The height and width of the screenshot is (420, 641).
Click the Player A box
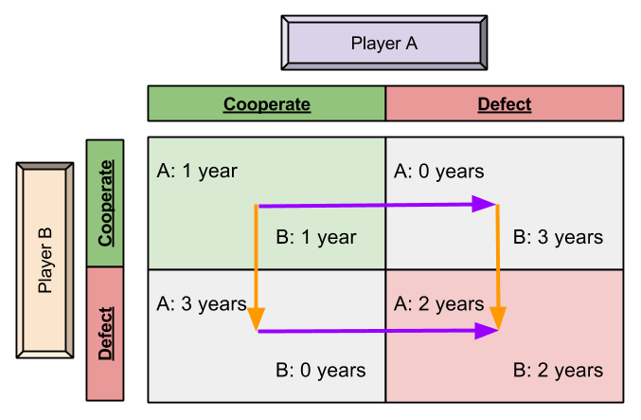pos(384,43)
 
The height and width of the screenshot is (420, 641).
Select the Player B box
pos(45,260)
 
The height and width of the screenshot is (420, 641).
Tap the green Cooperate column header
pos(267,104)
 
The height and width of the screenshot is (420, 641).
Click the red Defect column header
pos(505,104)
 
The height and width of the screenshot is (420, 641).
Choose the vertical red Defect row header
pos(105,333)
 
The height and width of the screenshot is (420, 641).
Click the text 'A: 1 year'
pos(197,172)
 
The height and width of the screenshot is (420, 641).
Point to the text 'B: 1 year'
pos(316,237)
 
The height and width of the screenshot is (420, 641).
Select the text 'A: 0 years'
pos(439,172)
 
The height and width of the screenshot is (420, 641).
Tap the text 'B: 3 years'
pos(558,237)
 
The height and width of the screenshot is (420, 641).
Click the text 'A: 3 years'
pos(201,304)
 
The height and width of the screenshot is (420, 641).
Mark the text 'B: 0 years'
pos(320,370)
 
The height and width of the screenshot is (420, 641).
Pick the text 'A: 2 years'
pos(439,304)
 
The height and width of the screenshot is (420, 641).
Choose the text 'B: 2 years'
pos(558,370)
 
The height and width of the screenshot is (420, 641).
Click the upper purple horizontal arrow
pos(369,204)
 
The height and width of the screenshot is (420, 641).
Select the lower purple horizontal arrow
pos(369,331)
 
